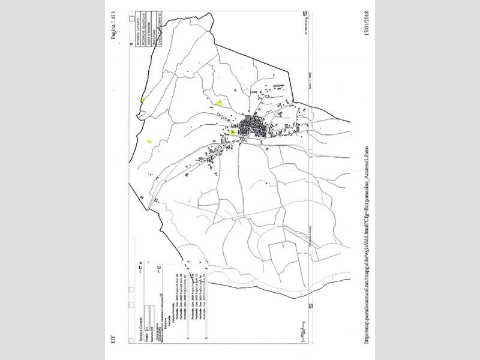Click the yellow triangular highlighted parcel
pyautogui.click(x=220, y=103)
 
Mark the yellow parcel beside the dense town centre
pyautogui.click(x=232, y=131)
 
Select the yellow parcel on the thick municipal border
pyautogui.click(x=142, y=100)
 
